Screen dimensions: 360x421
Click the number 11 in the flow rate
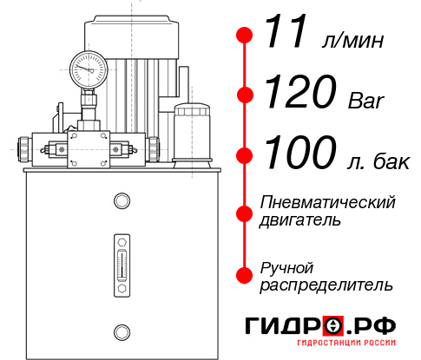point(286,35)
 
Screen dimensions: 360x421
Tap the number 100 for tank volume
point(301,154)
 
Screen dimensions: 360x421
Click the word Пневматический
point(328,202)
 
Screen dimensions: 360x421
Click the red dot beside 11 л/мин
point(245,36)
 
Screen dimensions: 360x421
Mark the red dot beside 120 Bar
point(245,94)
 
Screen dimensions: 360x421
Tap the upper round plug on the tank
point(121,201)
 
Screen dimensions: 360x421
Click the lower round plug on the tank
point(121,330)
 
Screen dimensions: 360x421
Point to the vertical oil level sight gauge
point(121,261)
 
